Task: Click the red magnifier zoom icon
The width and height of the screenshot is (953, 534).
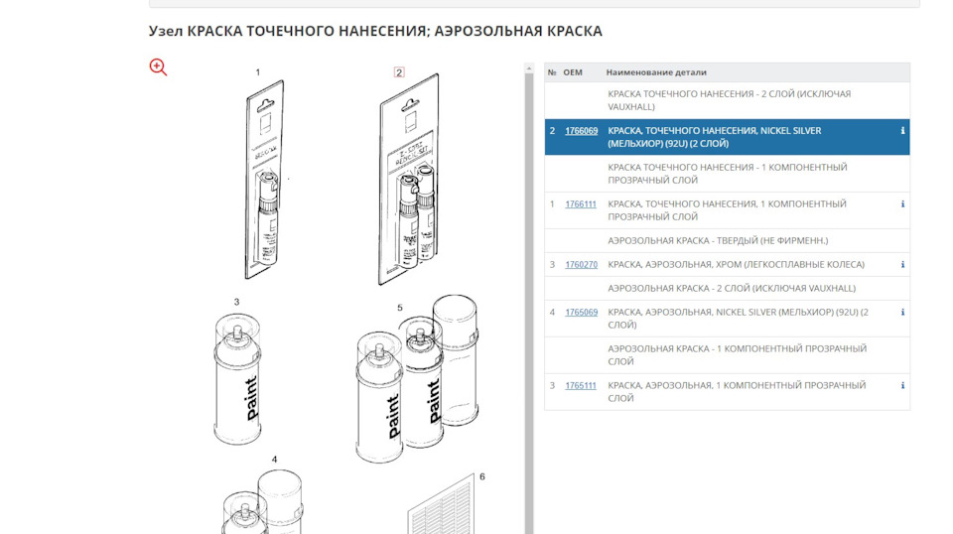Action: pos(158,67)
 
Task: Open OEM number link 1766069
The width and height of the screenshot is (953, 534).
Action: pos(581,131)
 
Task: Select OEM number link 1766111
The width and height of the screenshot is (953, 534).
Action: pos(581,204)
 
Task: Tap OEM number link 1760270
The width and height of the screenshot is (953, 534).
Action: pos(581,265)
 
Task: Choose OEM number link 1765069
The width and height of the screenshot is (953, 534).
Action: pos(581,313)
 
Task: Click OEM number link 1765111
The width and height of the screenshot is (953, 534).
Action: pos(581,385)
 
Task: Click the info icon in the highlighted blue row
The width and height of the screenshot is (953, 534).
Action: pos(902,131)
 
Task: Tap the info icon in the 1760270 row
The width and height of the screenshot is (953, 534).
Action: pos(902,265)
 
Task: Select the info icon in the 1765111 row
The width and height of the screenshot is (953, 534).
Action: pos(902,385)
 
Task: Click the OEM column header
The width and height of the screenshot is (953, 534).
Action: pos(573,72)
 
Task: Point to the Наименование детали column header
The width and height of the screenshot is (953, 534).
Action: pos(656,72)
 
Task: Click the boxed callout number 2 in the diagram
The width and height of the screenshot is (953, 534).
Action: pos(399,72)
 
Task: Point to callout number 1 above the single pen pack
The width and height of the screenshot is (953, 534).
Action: pos(258,72)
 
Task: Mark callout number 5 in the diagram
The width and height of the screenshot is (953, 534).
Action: pos(400,308)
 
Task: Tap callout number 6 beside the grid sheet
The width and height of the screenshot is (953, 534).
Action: pos(482,476)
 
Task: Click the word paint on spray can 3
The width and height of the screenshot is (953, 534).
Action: pos(251,396)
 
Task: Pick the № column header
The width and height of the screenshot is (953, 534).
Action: pos(552,72)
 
